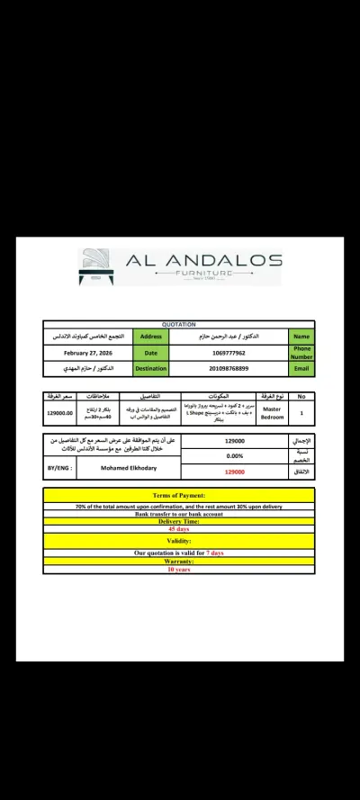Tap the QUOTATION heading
pos(179,324)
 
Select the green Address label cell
pos(150,336)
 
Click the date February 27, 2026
pos(87,352)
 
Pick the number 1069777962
pos(229,352)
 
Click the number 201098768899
pos(229,368)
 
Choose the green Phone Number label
pos(302,352)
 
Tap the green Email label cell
pos(302,368)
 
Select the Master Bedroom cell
pos(272,413)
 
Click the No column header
pos(302,396)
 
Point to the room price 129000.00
pos(59,413)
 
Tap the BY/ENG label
pos(58,469)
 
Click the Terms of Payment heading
pos(179,495)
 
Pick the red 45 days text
pos(179,528)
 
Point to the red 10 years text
pos(179,570)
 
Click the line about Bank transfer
pos(179,513)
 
